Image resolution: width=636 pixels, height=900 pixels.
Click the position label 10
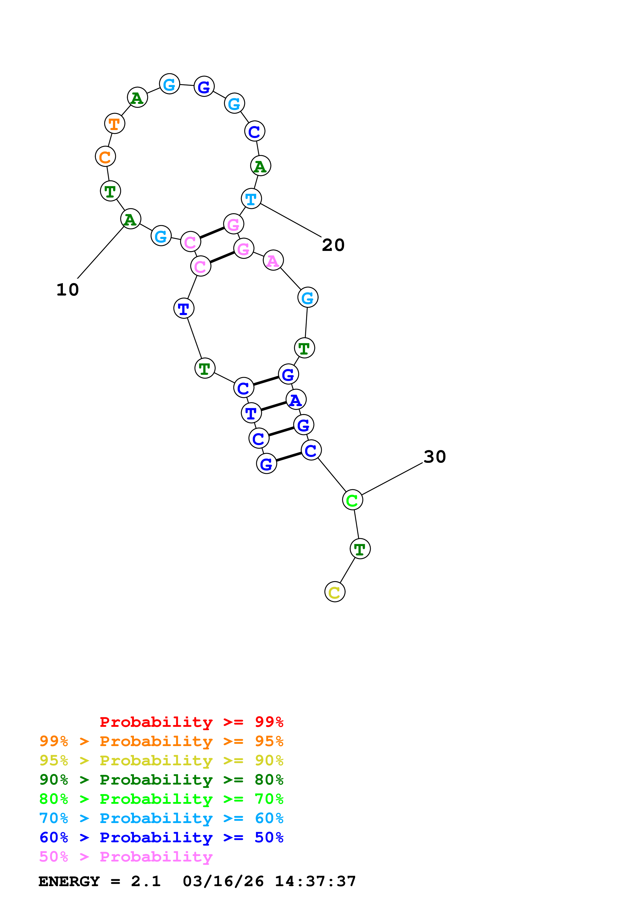click(67, 290)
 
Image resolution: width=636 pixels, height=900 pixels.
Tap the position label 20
click(333, 245)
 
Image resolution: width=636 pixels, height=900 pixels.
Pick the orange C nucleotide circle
click(105, 157)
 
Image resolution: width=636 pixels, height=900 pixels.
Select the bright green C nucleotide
click(352, 500)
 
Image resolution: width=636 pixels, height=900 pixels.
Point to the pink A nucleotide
click(273, 260)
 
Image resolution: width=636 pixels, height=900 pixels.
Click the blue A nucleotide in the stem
click(296, 400)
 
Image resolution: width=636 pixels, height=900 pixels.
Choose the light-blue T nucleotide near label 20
click(251, 199)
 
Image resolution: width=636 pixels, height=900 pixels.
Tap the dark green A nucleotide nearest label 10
click(131, 219)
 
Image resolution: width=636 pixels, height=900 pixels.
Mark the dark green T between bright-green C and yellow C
click(360, 549)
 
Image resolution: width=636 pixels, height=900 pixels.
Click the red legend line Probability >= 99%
click(191, 722)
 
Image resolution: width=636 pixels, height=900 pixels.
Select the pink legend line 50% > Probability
click(126, 857)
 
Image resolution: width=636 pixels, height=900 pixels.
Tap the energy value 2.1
click(146, 882)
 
